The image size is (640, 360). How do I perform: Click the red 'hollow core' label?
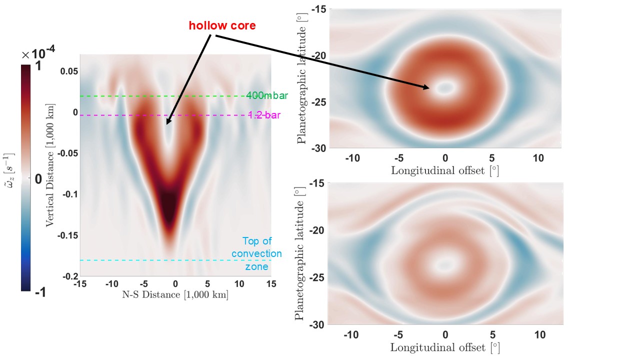click(222, 25)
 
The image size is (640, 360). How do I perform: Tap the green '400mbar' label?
click(267, 96)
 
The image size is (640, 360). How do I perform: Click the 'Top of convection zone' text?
click(256, 254)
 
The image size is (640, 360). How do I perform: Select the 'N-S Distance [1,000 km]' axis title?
click(175, 295)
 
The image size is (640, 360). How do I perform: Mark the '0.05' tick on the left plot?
click(69, 72)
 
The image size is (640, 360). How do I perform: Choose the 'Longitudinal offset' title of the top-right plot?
click(445, 170)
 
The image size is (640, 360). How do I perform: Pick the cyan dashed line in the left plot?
click(150, 260)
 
